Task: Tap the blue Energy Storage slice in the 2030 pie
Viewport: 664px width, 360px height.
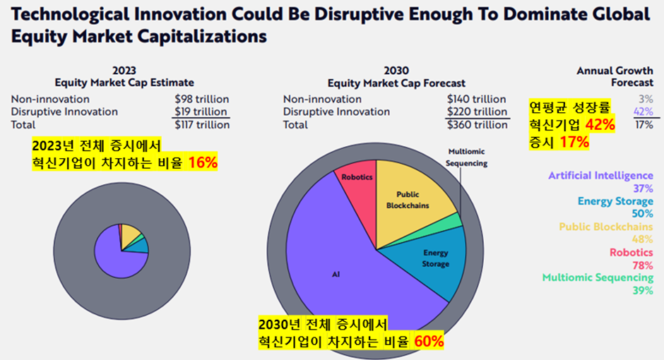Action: (431, 261)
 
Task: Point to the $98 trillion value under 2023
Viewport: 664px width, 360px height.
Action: (201, 100)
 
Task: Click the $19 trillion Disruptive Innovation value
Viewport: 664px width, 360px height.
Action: (201, 112)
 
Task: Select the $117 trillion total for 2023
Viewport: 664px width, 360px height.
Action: (201, 125)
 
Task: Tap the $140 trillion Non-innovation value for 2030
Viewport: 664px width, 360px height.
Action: (476, 100)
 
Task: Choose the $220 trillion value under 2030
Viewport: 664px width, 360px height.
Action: (477, 112)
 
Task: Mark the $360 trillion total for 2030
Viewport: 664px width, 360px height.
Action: (477, 125)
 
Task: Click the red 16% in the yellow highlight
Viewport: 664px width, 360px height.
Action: (202, 162)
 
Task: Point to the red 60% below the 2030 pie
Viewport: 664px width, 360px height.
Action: (429, 342)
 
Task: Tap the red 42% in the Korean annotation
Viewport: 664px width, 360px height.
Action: (599, 125)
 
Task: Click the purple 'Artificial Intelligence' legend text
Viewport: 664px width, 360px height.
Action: (600, 176)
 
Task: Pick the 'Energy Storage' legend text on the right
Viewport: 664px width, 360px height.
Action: (615, 201)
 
